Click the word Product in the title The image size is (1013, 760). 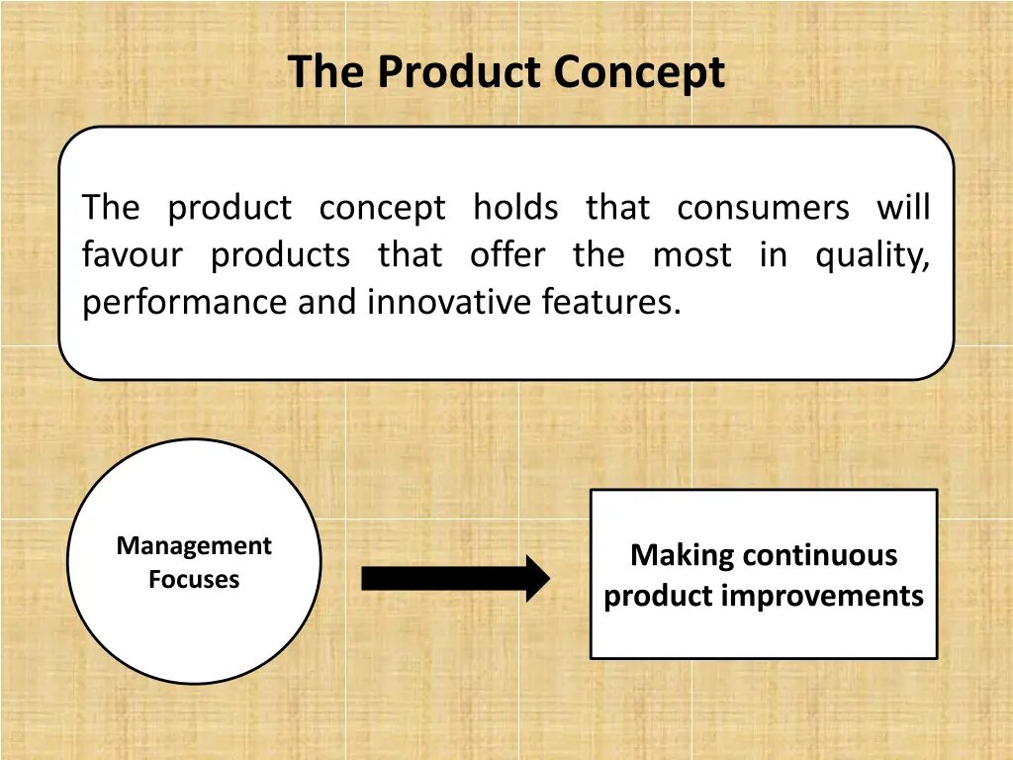(x=460, y=72)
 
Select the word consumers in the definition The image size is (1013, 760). (x=763, y=208)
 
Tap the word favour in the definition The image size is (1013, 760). (x=133, y=255)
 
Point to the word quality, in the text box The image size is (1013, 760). (x=873, y=255)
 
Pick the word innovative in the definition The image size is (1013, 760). (x=450, y=302)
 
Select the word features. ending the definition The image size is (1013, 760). (x=611, y=302)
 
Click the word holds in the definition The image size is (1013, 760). (x=515, y=208)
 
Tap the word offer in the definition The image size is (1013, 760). (x=506, y=255)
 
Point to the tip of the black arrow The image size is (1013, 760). (x=547, y=579)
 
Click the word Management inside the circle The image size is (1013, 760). (x=194, y=546)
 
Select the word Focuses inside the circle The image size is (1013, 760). (x=194, y=580)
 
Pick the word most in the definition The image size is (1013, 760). (x=692, y=255)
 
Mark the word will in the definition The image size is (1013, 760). (x=903, y=208)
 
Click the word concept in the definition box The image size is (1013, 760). (x=382, y=208)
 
